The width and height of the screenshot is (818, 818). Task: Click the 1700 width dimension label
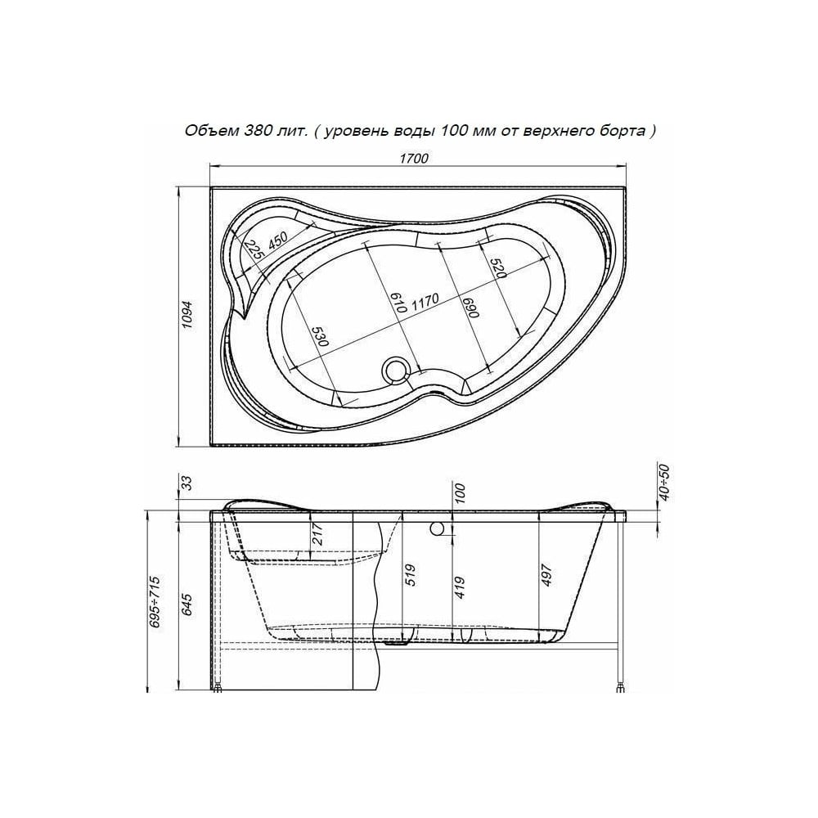tap(414, 159)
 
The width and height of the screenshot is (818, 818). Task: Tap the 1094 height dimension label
tap(188, 315)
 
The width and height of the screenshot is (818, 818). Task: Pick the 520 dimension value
tap(498, 268)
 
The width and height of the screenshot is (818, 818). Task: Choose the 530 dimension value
tap(321, 337)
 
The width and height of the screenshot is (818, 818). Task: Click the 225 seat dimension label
tap(254, 249)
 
